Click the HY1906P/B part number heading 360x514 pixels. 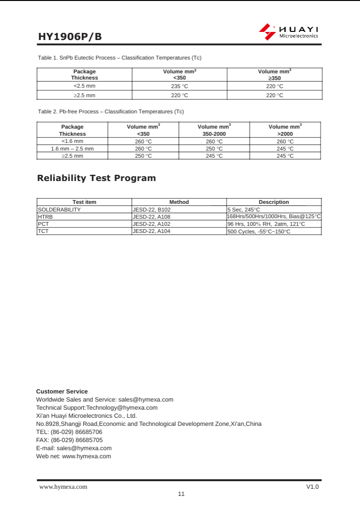[70, 37]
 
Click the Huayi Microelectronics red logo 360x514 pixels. [267, 32]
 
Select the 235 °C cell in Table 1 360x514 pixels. [180, 86]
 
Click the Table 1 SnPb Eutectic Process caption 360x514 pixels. [120, 58]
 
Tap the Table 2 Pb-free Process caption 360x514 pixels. [111, 111]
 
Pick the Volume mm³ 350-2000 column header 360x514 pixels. [214, 130]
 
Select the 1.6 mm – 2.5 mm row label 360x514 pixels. [72, 149]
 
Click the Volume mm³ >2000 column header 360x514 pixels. [285, 130]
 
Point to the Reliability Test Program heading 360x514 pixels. [97, 178]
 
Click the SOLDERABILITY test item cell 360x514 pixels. [60, 210]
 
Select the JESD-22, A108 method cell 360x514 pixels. [151, 217]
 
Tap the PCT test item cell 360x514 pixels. [43, 224]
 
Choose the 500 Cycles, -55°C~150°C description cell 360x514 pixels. [259, 232]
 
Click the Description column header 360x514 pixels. [274, 202]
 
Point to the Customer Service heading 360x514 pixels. [62, 391]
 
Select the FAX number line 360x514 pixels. [70, 440]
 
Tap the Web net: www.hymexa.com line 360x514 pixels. [74, 456]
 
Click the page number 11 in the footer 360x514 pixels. [181, 494]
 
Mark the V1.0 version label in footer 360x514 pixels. [312, 486]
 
